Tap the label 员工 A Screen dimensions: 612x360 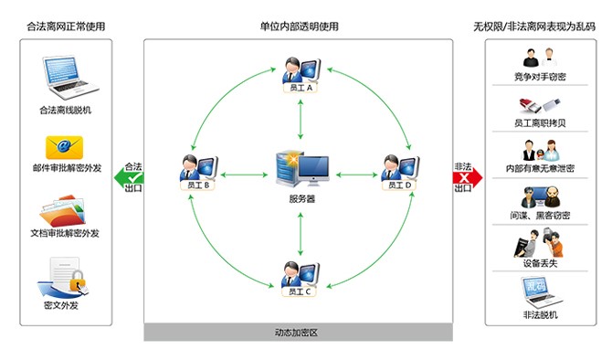[x=301, y=89]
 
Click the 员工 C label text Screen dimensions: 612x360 [x=301, y=292]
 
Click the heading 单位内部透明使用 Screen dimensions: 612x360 [x=299, y=26]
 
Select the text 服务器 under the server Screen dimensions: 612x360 [x=301, y=197]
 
